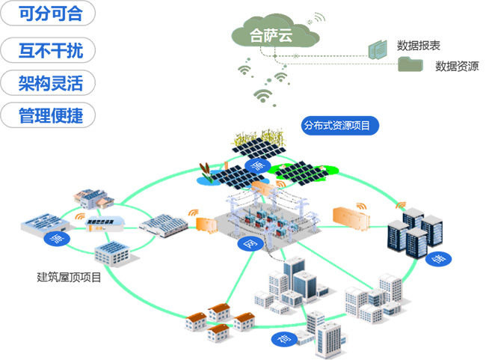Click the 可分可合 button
[49, 13]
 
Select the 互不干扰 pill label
[49, 50]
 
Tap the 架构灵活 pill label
[49, 82]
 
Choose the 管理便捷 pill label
[49, 115]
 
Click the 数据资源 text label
[457, 66]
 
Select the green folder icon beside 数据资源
[409, 64]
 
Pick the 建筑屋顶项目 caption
[69, 276]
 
